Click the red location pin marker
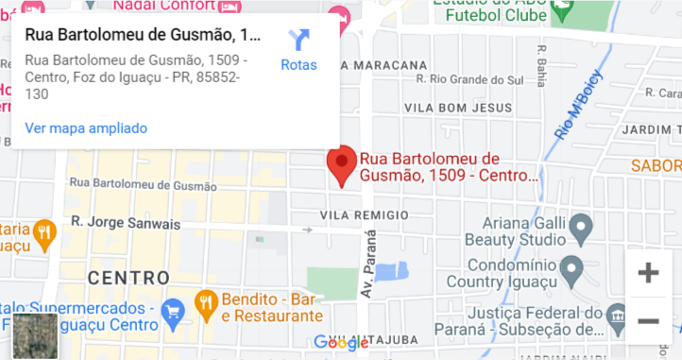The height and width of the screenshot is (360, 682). pos(341,165)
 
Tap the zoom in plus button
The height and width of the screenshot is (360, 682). pos(648,273)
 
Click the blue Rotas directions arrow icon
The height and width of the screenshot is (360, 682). pos(298,40)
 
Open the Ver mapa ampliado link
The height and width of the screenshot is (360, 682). pos(86,128)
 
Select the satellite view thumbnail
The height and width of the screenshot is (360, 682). pos(36,336)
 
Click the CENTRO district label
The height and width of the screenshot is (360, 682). pos(128,278)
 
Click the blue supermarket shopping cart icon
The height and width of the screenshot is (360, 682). pos(172,309)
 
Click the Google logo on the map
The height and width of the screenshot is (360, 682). pos(342,343)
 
